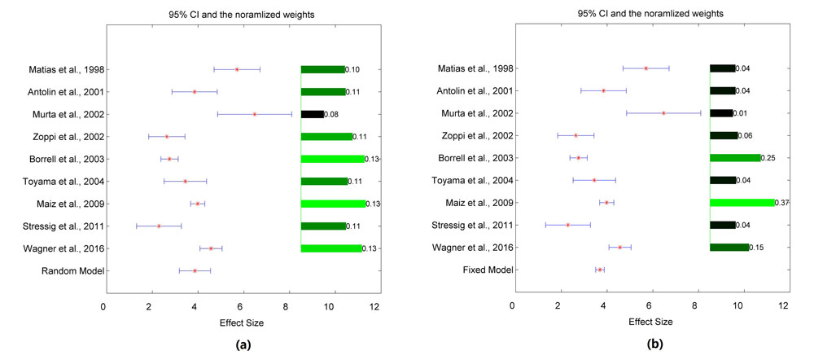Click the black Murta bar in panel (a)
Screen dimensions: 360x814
click(x=312, y=115)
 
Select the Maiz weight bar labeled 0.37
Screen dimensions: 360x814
click(x=742, y=203)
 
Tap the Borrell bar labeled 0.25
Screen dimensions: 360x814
click(x=735, y=158)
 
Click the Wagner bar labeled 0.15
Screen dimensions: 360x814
click(x=729, y=248)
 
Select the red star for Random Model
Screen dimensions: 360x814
click(x=195, y=270)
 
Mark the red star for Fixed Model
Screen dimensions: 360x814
click(x=600, y=270)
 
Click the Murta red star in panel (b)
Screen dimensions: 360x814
click(x=663, y=114)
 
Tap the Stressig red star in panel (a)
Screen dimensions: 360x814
click(x=159, y=226)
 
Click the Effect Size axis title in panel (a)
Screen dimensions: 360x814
click(x=242, y=323)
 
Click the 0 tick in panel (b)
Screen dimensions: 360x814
click(x=512, y=306)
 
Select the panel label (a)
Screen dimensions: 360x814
click(x=242, y=345)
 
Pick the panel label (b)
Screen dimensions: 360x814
click(x=655, y=345)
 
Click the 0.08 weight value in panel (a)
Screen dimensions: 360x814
click(x=331, y=115)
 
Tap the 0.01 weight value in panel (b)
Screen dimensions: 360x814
click(x=742, y=114)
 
